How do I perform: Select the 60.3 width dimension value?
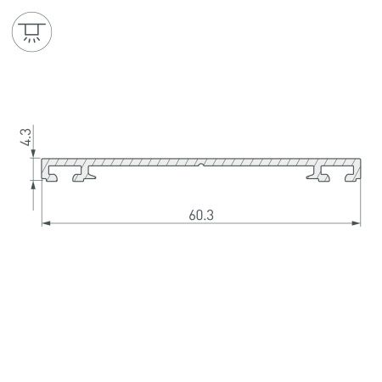tap(201, 215)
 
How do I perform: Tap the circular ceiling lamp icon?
tap(32, 31)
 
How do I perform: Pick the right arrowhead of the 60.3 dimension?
tap(357, 224)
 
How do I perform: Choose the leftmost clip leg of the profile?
tap(53, 176)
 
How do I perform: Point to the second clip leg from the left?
tap(82, 176)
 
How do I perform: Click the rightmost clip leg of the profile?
tap(351, 176)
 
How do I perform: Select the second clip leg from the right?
tap(321, 176)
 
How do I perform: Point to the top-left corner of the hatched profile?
tap(43, 159)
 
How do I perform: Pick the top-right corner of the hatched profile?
tap(361, 159)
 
